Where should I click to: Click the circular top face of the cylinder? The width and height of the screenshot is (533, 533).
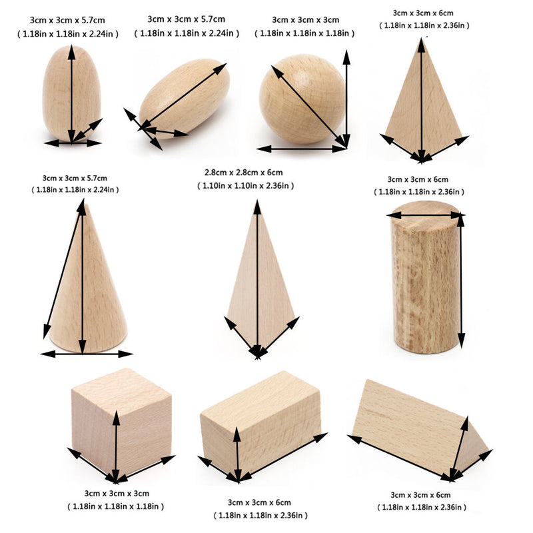coord(426,215)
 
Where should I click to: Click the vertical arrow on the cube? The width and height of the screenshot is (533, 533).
coord(117,443)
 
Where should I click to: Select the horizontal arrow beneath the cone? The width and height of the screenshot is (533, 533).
coord(87,354)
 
